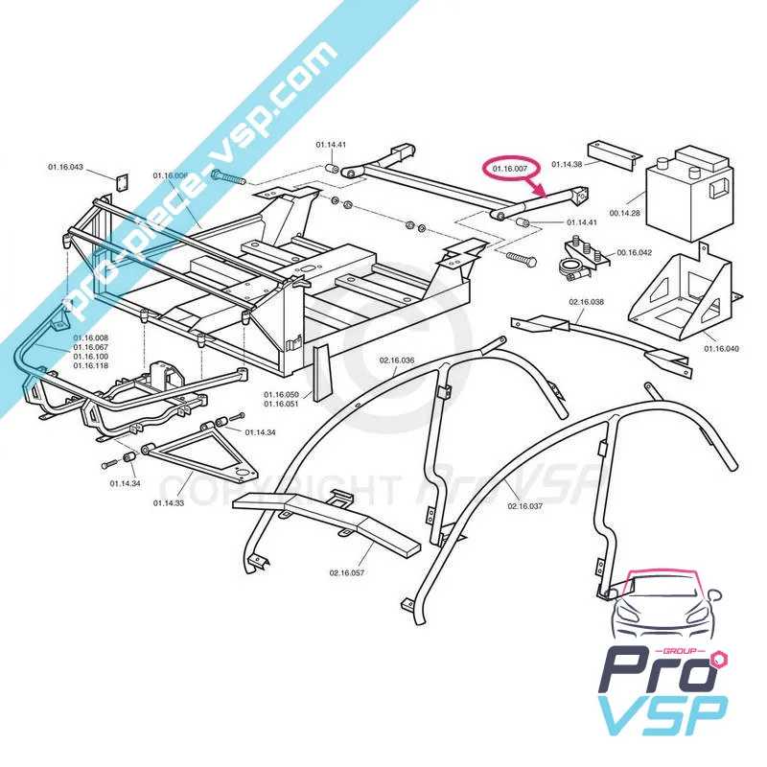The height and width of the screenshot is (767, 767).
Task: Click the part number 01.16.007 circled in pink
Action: pyautogui.click(x=510, y=170)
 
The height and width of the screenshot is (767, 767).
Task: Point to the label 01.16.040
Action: pyautogui.click(x=722, y=348)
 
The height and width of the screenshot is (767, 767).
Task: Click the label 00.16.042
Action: pyautogui.click(x=634, y=252)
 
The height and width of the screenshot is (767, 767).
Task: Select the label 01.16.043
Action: pyautogui.click(x=65, y=168)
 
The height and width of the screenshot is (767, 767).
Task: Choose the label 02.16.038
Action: pyautogui.click(x=587, y=302)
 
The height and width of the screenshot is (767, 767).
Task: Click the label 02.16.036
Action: pyautogui.click(x=396, y=360)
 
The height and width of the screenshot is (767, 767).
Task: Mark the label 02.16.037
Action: pyautogui.click(x=525, y=505)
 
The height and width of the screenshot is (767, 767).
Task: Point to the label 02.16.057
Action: pyautogui.click(x=347, y=572)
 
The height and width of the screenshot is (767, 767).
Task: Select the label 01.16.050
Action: pyautogui.click(x=282, y=394)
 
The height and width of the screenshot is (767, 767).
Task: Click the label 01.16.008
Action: pyautogui.click(x=90, y=338)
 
